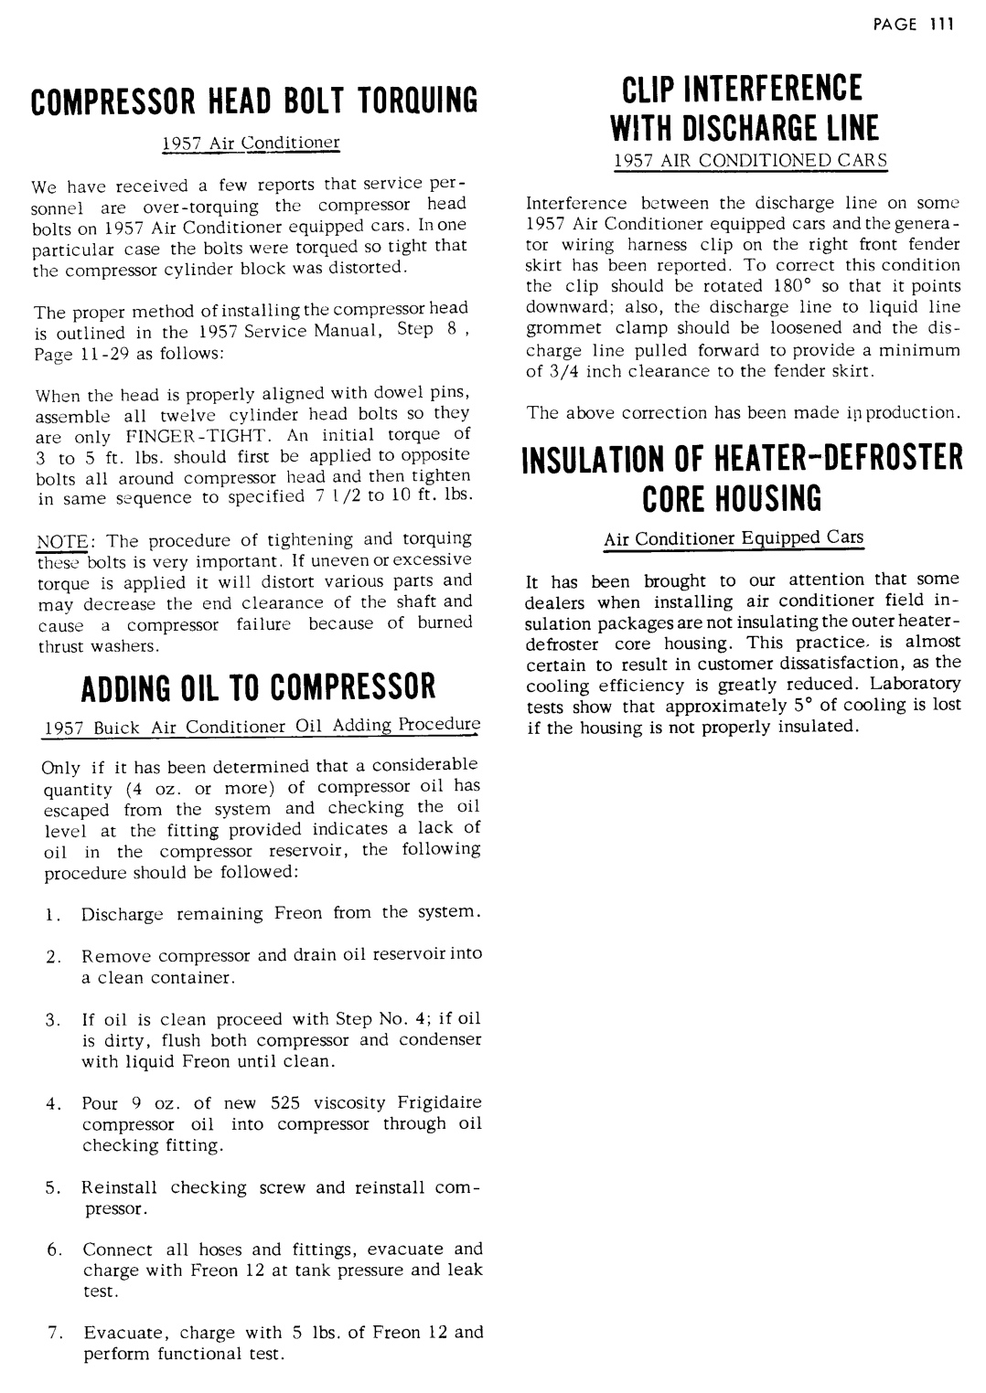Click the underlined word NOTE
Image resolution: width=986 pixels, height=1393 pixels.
[x=54, y=539]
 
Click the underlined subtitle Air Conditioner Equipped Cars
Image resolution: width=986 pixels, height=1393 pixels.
[x=733, y=537]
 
